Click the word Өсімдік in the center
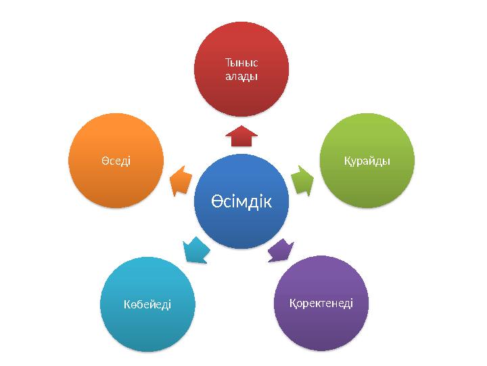pos(241,201)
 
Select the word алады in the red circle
pos(241,76)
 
